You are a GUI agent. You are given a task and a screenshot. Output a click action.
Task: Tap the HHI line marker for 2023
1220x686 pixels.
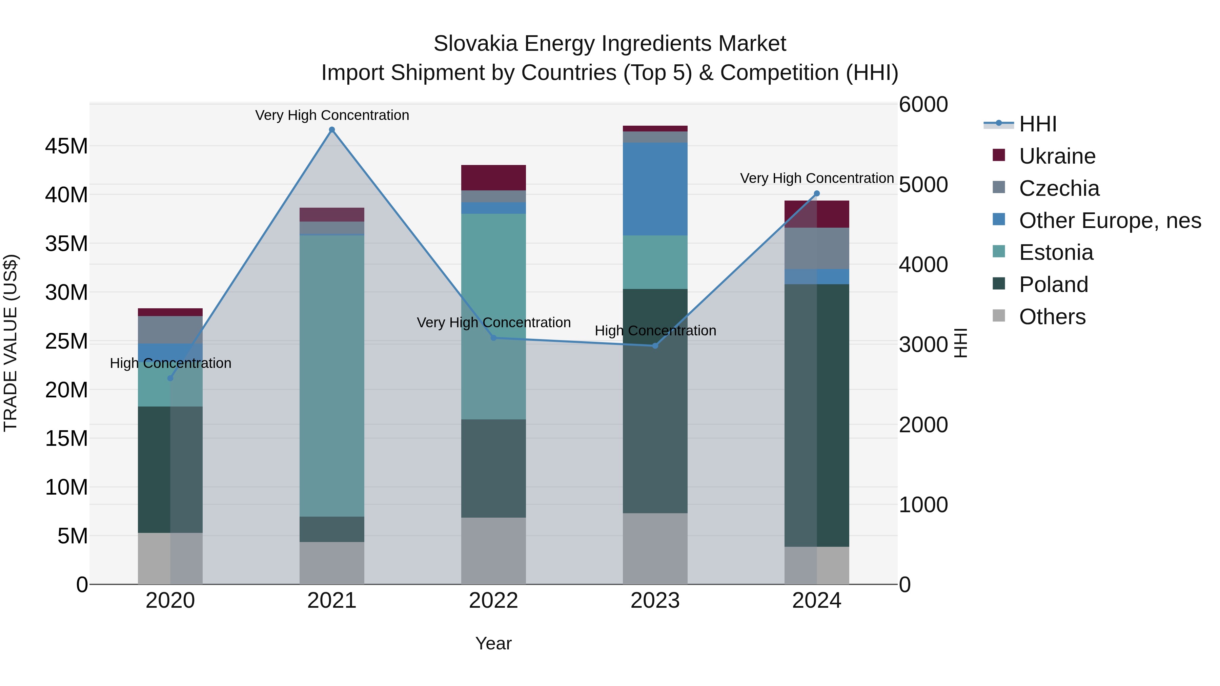click(655, 346)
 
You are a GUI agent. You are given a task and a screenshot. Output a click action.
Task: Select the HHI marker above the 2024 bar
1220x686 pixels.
click(816, 194)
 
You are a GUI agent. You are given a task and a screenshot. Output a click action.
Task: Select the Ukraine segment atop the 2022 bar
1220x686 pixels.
click(493, 178)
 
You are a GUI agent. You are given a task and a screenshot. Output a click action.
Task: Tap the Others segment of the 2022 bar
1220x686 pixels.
click(493, 550)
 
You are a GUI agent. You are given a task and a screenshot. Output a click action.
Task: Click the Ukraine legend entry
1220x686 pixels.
click(1057, 156)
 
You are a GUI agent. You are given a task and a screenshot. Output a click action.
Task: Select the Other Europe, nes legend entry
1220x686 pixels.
click(1110, 221)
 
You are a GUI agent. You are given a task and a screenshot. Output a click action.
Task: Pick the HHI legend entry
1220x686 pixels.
click(1037, 124)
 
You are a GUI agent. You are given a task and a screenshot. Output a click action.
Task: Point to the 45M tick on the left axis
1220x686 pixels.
click(66, 146)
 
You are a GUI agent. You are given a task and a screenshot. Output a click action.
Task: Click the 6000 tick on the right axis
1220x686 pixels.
click(923, 105)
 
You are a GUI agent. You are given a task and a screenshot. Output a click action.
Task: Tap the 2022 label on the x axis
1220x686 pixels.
click(493, 601)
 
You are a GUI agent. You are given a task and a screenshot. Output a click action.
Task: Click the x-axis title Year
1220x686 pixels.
click(493, 643)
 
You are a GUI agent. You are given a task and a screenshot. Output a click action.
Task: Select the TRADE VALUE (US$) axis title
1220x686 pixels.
click(11, 343)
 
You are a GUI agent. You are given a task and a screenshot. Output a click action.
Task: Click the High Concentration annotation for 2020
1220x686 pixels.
click(170, 363)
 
